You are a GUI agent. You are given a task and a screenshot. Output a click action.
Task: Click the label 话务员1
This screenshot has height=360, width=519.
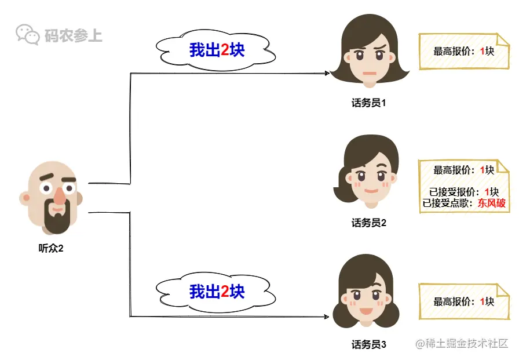coord(368,103)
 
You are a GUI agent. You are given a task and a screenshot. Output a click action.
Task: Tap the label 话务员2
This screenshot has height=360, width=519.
coord(368,223)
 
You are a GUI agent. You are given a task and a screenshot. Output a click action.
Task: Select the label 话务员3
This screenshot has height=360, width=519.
coord(368,344)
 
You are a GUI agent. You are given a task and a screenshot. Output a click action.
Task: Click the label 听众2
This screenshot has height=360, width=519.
coord(50,249)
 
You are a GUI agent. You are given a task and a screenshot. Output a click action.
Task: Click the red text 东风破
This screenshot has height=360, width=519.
coord(491,203)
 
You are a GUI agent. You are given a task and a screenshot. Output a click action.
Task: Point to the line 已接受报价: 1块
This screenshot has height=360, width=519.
coord(463,192)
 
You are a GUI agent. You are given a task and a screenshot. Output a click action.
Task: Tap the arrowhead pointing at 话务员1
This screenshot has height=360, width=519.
coord(327,74)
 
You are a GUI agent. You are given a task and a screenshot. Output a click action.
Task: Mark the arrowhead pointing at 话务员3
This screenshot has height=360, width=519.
coord(327,317)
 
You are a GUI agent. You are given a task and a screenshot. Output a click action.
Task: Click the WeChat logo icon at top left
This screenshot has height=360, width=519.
coord(28,34)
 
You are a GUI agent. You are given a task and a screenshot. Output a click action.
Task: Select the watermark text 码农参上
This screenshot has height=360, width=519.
coord(73,36)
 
